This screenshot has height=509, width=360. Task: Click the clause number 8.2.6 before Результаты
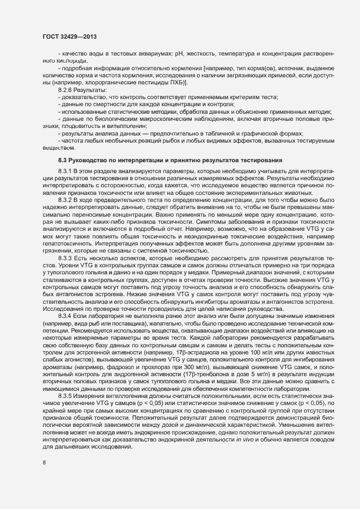tap(65, 89)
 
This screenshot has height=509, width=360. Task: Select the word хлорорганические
tap(97, 82)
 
